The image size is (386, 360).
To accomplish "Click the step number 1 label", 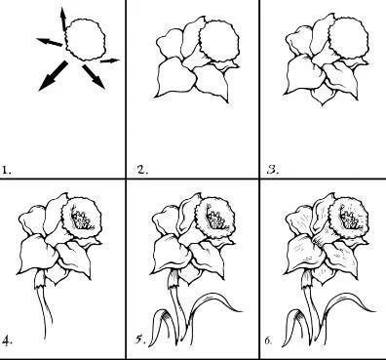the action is click(x=6, y=170).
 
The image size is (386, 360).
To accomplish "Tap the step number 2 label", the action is click(x=142, y=170).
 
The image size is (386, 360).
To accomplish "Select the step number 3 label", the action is click(x=273, y=170).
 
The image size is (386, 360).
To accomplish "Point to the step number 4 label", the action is click(x=7, y=340).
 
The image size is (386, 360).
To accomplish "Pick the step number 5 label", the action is click(x=140, y=340).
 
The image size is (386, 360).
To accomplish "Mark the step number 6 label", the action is click(x=268, y=340).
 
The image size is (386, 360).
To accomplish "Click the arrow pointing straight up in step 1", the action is click(x=63, y=19).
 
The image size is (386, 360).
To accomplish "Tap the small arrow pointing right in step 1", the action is click(x=110, y=60).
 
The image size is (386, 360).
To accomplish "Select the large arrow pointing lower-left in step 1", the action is click(x=53, y=76).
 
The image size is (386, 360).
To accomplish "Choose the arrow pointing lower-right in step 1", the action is click(x=94, y=77).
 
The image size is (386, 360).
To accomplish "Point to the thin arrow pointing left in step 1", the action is click(x=50, y=42).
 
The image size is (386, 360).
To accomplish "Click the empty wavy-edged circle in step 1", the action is click(x=86, y=39).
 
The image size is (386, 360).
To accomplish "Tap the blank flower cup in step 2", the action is click(x=219, y=40).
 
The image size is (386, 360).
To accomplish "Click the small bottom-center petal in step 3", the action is click(x=322, y=95).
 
